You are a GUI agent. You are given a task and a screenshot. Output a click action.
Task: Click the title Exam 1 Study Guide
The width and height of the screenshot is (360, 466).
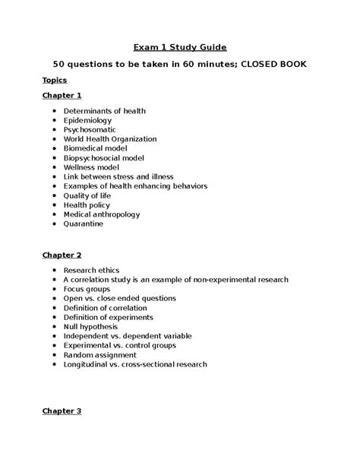180,47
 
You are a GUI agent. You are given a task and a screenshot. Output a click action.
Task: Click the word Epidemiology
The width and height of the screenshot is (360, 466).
87,120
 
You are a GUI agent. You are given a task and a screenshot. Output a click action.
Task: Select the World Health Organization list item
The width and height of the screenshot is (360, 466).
110,139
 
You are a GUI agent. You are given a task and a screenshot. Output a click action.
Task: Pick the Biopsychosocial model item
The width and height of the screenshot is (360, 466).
104,158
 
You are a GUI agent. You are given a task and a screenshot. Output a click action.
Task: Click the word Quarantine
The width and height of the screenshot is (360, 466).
84,224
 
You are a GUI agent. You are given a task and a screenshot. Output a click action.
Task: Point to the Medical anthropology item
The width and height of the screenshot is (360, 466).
102,214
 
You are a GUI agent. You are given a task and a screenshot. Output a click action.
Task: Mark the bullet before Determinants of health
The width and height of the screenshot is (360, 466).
54,111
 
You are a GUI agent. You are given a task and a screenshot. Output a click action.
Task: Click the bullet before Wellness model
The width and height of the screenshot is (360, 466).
54,167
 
